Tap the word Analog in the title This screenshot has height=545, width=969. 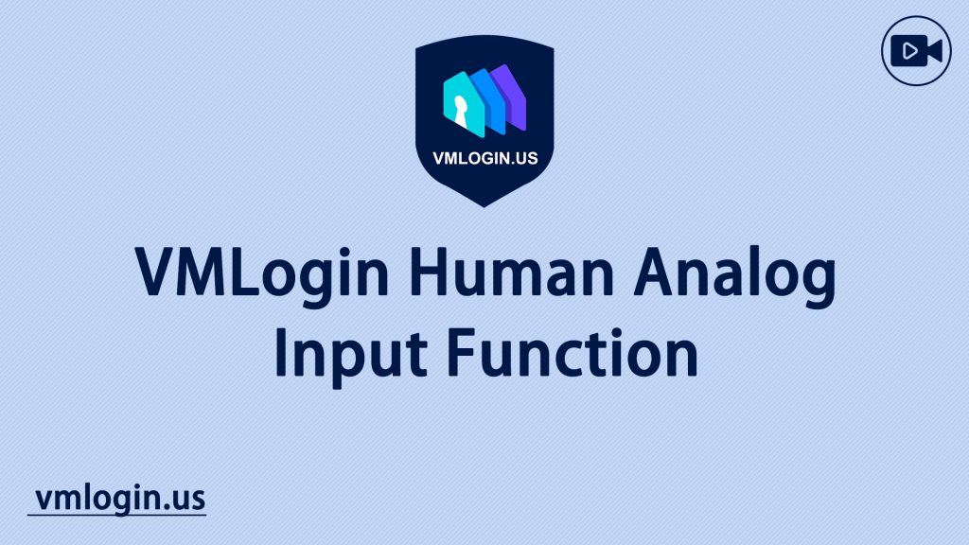(734, 275)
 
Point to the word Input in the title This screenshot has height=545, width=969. (350, 357)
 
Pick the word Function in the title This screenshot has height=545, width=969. (572, 352)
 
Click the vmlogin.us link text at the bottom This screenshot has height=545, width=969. (120, 499)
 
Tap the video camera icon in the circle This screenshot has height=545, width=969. (916, 51)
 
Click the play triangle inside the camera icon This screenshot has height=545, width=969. (909, 51)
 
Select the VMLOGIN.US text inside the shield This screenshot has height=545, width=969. (485, 158)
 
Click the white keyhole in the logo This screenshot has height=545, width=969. (461, 110)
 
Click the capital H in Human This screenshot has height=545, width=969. (428, 272)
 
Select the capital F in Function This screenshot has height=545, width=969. (462, 352)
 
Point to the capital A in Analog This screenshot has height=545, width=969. (656, 272)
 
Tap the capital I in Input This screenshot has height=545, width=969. (280, 352)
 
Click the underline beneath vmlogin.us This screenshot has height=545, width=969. (116, 514)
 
